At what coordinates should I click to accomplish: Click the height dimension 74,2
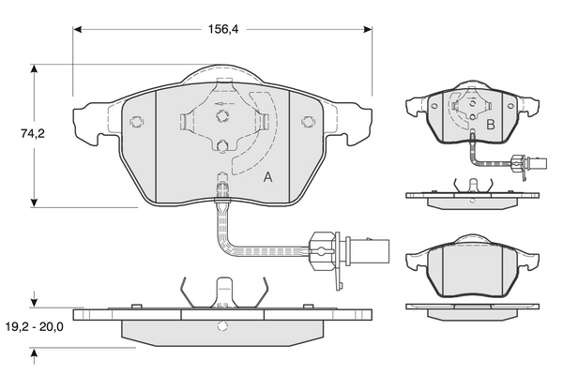[35, 134]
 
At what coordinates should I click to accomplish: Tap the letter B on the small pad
[490, 124]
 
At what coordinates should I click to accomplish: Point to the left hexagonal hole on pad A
[137, 121]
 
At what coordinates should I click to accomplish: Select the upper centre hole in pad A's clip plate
[222, 116]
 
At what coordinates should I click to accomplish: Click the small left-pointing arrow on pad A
[219, 103]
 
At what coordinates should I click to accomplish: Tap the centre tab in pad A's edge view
[223, 291]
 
